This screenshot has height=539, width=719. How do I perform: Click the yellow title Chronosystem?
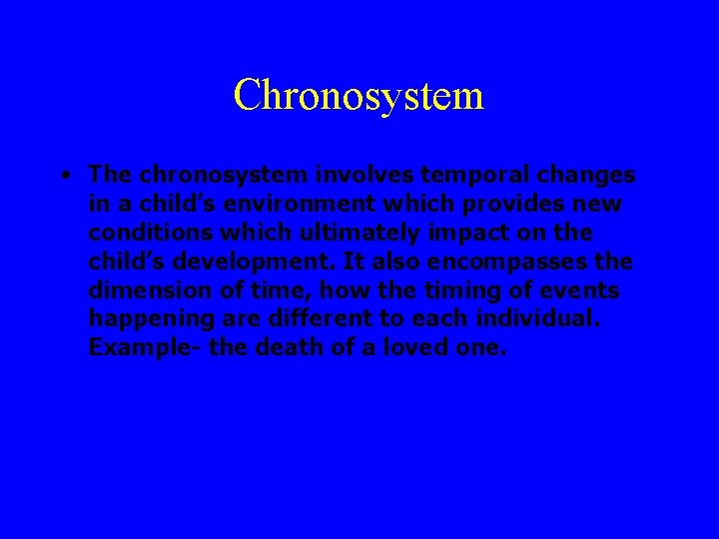pos(359,96)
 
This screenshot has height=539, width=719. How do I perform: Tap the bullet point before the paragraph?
pos(63,176)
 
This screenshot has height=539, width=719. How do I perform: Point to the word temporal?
pos(470,176)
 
